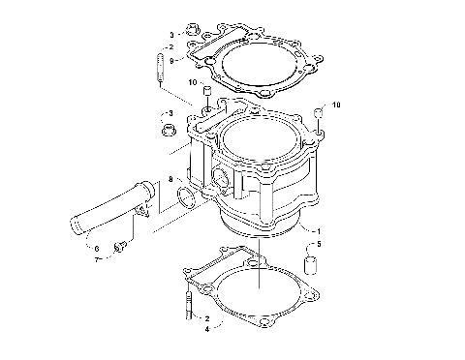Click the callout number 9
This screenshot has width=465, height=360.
(x=170, y=61)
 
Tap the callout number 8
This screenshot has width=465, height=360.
(x=170, y=179)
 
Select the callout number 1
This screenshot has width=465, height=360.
(x=316, y=229)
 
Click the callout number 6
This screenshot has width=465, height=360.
(x=97, y=248)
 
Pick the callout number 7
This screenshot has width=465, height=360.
(x=97, y=259)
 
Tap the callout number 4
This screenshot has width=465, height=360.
(x=205, y=328)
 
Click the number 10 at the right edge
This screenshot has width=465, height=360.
(x=336, y=105)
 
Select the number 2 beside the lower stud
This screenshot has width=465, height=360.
(x=205, y=316)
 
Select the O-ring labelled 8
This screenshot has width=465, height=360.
(x=185, y=202)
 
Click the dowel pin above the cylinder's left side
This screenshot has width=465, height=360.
(x=206, y=98)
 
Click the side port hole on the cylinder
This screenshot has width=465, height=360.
(x=226, y=178)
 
